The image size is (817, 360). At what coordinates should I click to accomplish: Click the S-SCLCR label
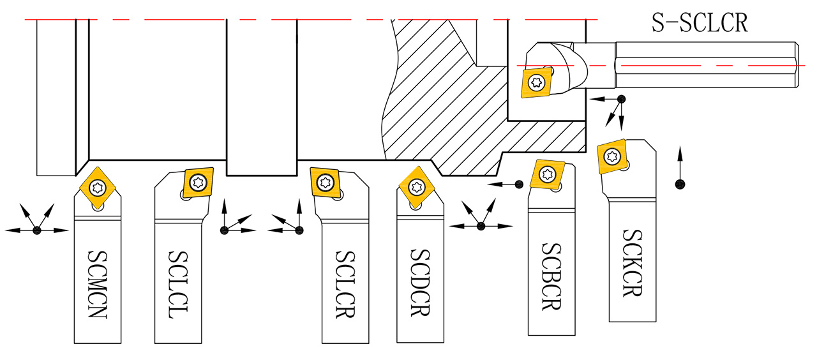pos(699,24)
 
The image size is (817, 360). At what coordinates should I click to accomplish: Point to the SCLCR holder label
pos(345,283)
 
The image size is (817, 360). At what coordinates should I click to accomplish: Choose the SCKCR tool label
pos(631,262)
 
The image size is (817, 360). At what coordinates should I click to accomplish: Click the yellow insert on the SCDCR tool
pos(417,186)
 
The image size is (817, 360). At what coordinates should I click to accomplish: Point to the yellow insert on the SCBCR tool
pos(548,174)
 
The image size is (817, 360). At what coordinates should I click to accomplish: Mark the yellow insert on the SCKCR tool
pos(613,156)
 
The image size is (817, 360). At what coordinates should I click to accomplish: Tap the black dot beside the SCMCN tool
pos(37,230)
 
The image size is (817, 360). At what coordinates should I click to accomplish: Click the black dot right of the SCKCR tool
pos(680,184)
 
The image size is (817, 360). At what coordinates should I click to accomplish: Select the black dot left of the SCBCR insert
pos(519,184)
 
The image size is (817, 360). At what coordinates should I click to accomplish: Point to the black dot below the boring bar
pos(621,99)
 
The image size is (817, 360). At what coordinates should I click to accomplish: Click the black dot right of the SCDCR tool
pos(481,226)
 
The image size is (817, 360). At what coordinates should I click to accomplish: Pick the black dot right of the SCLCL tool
pos(224,230)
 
